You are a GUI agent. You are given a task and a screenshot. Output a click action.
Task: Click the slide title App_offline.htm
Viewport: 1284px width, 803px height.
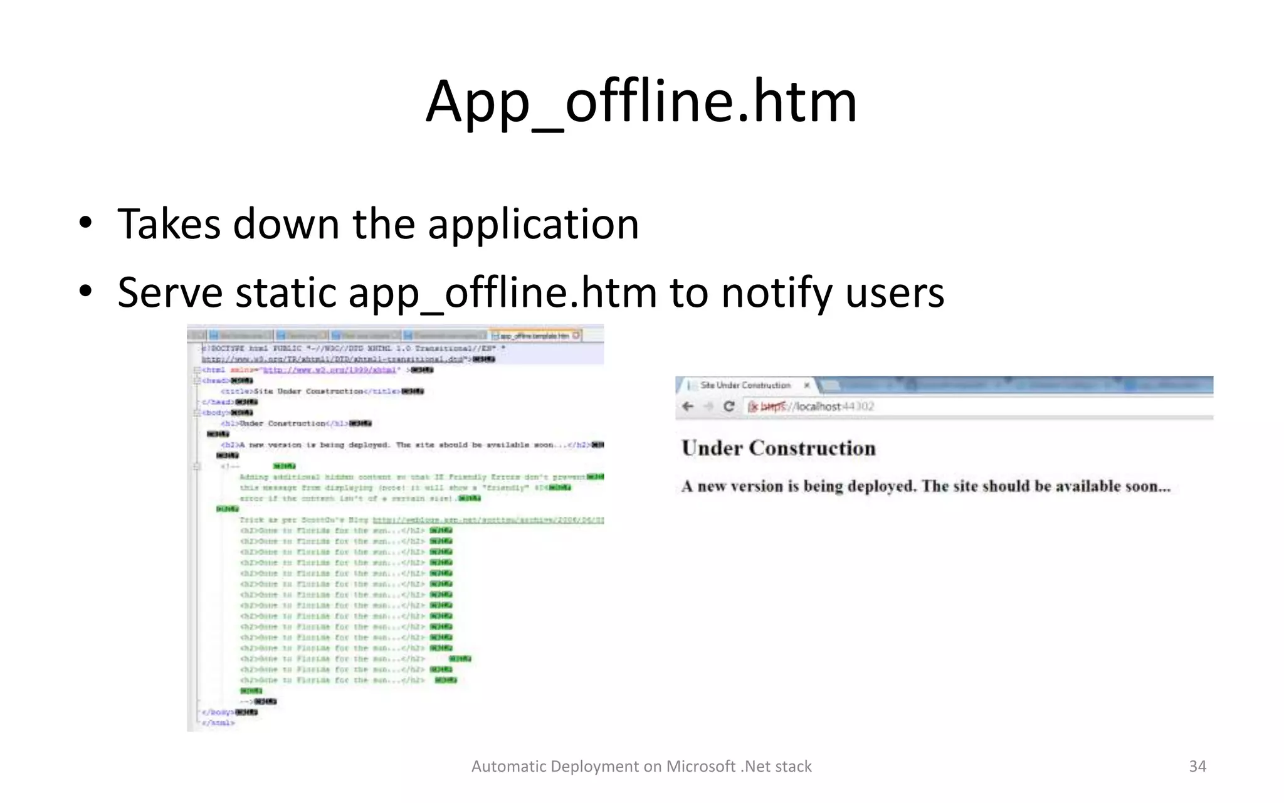[641, 102]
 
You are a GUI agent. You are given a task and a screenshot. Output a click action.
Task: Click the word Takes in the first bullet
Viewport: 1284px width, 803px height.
[169, 224]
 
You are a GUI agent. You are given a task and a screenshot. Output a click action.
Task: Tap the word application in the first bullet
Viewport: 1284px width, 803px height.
[533, 224]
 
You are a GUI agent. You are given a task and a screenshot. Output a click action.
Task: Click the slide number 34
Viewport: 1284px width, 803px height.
[1197, 766]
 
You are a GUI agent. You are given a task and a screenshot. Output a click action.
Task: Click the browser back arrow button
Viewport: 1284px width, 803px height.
[688, 407]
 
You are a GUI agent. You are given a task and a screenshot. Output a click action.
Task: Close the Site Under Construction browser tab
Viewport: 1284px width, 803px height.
[807, 385]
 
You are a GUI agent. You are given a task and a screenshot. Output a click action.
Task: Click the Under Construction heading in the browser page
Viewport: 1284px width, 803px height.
[779, 448]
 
